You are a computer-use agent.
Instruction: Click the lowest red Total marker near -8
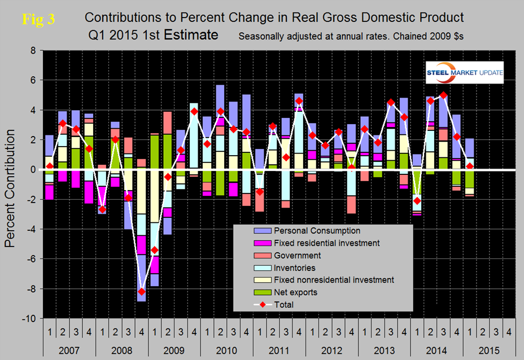(141, 291)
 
